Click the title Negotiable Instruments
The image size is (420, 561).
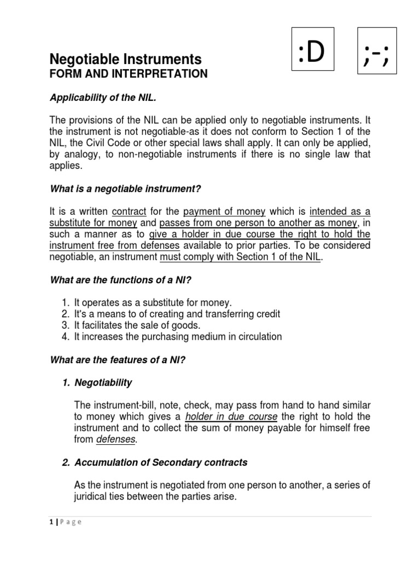pyautogui.click(x=126, y=59)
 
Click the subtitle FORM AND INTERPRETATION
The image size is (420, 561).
pyautogui.click(x=129, y=74)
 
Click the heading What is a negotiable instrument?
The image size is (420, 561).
pyautogui.click(x=126, y=189)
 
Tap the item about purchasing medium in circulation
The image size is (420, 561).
pyautogui.click(x=178, y=337)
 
